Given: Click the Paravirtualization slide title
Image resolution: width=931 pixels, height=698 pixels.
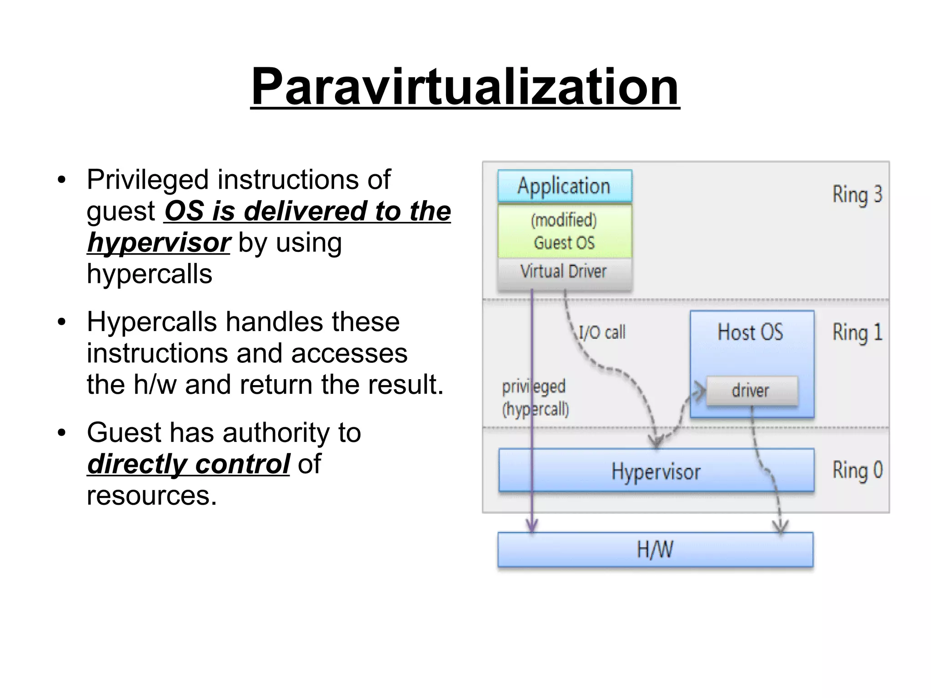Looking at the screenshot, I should pyautogui.click(x=465, y=86).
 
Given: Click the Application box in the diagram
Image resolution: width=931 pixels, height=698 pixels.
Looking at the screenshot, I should pyautogui.click(x=564, y=186).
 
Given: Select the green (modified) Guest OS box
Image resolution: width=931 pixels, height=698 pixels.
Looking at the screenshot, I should pyautogui.click(x=564, y=231).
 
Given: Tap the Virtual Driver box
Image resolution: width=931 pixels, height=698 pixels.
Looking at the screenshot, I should pyautogui.click(x=564, y=272).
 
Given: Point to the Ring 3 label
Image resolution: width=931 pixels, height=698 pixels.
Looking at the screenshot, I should pyautogui.click(x=857, y=195).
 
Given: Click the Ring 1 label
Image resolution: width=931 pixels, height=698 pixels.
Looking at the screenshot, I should pyautogui.click(x=857, y=332).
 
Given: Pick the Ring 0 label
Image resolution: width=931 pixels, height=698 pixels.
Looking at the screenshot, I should pyautogui.click(x=857, y=470).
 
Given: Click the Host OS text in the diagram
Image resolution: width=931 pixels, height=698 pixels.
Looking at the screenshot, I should pyautogui.click(x=751, y=332).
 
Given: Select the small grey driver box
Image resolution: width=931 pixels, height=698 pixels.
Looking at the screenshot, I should pyautogui.click(x=751, y=391).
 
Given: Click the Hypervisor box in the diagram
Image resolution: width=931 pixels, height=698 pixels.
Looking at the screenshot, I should pyautogui.click(x=656, y=471).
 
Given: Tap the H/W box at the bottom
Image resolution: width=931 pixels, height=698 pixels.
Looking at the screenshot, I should pyautogui.click(x=655, y=550).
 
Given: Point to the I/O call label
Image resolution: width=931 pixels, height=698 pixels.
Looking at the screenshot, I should pyautogui.click(x=602, y=332).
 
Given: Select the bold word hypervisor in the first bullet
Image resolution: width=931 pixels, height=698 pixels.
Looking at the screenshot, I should pyautogui.click(x=159, y=243).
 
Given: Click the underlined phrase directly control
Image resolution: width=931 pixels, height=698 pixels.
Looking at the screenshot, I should pyautogui.click(x=188, y=464).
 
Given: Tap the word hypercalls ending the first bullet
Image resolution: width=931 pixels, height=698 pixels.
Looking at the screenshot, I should pyautogui.click(x=149, y=274).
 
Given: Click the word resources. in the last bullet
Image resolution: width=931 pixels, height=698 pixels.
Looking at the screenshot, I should pyautogui.click(x=152, y=496).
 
